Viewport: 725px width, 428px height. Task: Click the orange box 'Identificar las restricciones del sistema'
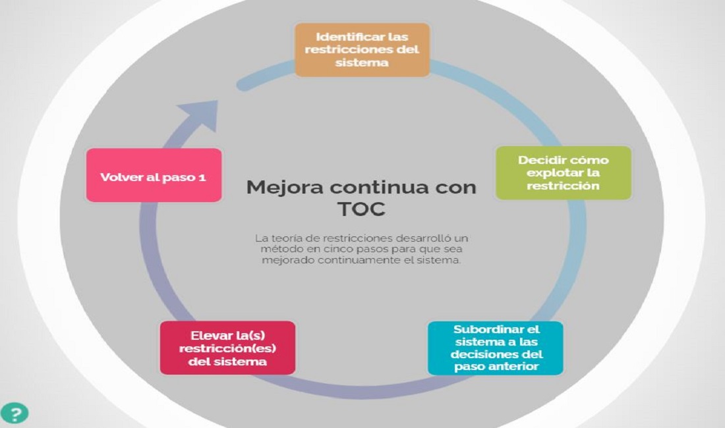(362, 50)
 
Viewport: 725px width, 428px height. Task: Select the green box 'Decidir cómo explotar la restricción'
(564, 173)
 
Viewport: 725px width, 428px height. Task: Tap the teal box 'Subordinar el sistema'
(496, 348)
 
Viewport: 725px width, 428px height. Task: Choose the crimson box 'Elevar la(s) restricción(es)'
(227, 348)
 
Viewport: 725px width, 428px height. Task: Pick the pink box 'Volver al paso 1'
(154, 175)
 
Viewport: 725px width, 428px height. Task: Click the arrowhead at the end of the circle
(200, 115)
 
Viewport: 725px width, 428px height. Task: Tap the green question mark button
(14, 414)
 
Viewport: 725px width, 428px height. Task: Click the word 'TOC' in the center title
(362, 209)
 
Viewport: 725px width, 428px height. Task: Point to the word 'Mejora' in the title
(285, 188)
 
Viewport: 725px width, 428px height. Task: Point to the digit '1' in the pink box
(202, 177)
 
